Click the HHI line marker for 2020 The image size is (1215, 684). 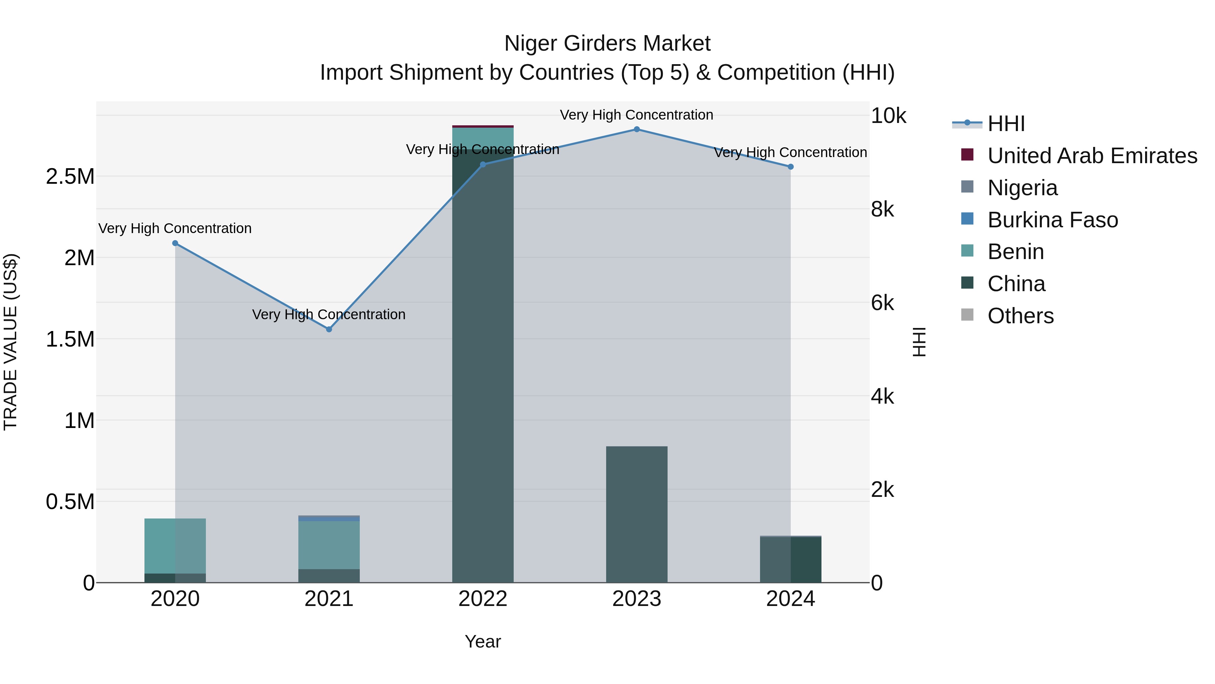(x=175, y=243)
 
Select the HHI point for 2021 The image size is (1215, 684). (x=329, y=329)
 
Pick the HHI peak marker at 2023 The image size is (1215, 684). (x=637, y=129)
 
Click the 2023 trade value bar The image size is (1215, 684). (x=637, y=514)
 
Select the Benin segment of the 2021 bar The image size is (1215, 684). (x=329, y=545)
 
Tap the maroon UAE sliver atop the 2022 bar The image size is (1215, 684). (x=483, y=127)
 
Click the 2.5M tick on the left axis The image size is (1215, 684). (x=70, y=177)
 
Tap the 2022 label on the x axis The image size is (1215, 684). (x=483, y=599)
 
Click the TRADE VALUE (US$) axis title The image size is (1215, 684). (x=10, y=342)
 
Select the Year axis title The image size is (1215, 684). (x=483, y=641)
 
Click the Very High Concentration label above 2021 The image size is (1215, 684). (x=329, y=314)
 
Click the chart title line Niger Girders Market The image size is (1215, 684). (x=607, y=44)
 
